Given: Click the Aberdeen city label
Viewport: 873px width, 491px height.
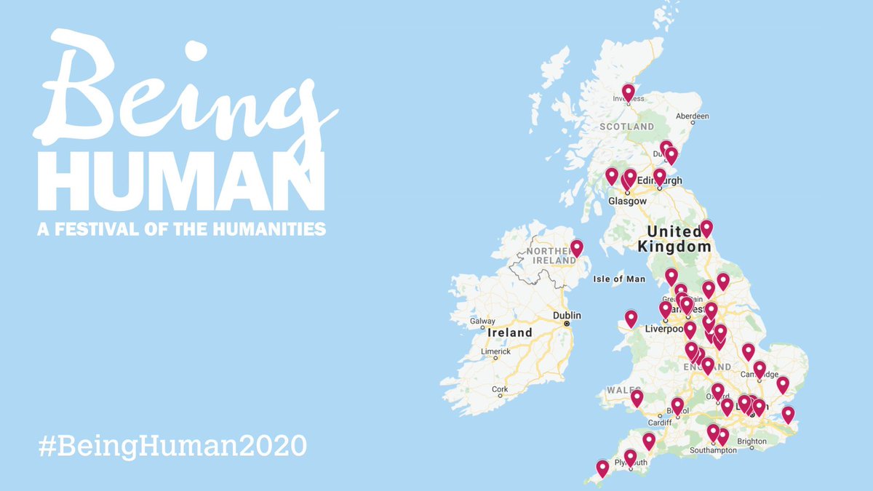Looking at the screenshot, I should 692,116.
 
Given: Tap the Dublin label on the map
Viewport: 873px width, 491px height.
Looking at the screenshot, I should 567,316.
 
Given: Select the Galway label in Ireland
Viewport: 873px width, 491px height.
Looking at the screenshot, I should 482,321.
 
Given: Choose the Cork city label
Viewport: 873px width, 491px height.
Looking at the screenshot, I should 500,389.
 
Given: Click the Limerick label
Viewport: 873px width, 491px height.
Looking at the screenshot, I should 495,351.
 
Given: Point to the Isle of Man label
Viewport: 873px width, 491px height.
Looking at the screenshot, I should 619,279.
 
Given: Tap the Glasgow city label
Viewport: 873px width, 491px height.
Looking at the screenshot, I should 628,201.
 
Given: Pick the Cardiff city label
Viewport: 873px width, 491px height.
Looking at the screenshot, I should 659,423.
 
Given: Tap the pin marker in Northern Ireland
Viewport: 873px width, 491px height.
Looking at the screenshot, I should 577,248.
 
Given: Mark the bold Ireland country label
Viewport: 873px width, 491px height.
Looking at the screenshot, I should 509,332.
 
